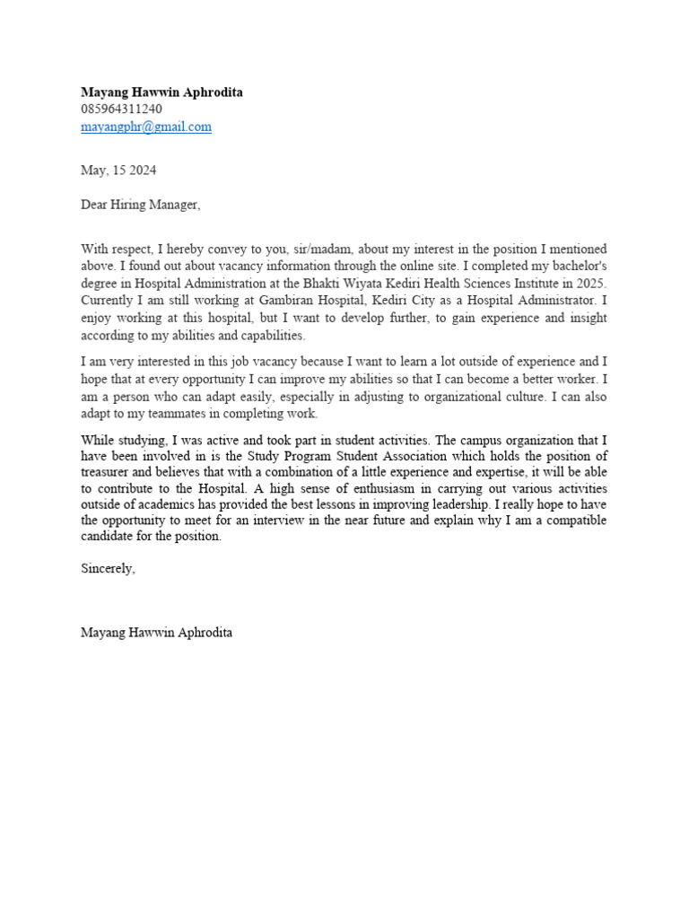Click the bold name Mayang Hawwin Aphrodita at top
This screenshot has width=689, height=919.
[x=161, y=92]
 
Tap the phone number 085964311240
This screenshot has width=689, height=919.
[x=121, y=109]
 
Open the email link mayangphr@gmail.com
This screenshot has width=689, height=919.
[x=146, y=127]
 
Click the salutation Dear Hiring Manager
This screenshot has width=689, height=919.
[x=141, y=205]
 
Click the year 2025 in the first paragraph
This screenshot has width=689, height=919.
[x=591, y=284]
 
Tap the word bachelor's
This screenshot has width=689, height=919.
[x=577, y=267]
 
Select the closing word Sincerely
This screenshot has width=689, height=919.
[x=108, y=568]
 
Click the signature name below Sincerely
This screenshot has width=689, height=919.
[x=156, y=633]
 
